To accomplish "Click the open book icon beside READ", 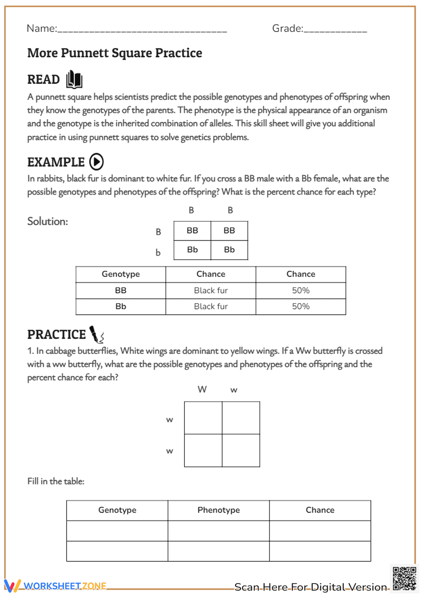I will (74, 79).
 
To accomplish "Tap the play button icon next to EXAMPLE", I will (96, 162).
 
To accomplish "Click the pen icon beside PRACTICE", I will (97, 335).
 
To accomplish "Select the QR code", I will (404, 579).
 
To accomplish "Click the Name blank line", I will (142, 29).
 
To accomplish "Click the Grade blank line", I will (335, 29).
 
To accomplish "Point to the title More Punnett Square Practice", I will (115, 53).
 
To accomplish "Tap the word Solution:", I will (48, 221).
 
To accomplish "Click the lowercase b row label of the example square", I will (158, 252).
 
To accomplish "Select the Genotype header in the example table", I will (121, 274).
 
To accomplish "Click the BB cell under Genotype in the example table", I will (121, 290).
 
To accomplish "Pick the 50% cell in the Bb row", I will (301, 306).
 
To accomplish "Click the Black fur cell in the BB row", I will (210, 290).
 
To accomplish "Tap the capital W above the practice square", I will (202, 389).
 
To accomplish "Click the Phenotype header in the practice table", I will (218, 510).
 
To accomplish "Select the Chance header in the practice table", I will (320, 510).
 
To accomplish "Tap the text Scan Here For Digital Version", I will (311, 587).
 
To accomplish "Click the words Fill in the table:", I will (56, 481).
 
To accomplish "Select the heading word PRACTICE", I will (56, 335).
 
